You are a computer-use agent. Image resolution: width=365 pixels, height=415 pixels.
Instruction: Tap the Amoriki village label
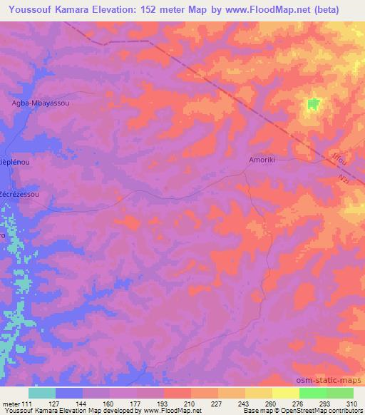[261, 161]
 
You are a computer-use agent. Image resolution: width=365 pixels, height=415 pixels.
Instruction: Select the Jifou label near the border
[339, 165]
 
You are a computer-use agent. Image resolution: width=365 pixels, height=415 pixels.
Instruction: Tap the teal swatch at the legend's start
[42, 392]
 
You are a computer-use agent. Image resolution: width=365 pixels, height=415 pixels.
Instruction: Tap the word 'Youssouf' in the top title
[28, 9]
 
